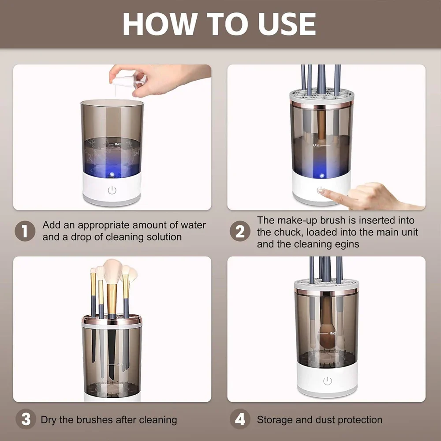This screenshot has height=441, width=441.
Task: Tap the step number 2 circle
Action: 240,231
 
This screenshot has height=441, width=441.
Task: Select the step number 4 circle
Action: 240,419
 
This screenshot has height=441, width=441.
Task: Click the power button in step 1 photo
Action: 112,191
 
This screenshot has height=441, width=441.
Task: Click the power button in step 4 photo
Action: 327,381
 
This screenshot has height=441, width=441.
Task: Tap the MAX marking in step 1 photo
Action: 117,144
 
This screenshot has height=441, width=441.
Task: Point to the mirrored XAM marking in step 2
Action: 315,145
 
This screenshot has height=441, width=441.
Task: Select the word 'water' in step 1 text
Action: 194,225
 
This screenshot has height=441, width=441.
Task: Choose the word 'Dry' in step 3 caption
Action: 49,420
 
